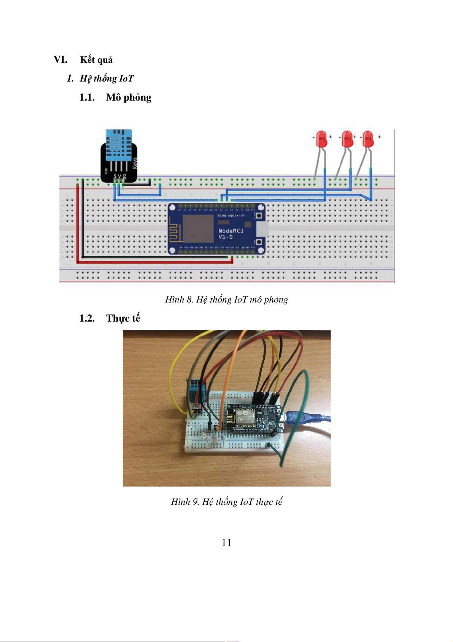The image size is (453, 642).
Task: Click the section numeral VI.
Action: point(60,60)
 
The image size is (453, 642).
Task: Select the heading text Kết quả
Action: point(96,60)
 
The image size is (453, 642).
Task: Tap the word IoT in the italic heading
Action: point(126,78)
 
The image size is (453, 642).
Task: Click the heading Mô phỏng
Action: point(129,98)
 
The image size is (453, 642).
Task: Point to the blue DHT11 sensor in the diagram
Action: point(119,145)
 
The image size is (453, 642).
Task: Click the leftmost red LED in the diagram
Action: point(321,139)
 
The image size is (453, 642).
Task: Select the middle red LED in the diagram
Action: point(347,139)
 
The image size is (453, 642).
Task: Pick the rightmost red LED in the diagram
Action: point(368,139)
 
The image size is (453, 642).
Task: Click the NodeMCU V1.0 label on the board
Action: point(230,234)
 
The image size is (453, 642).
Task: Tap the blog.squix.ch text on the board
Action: point(231,215)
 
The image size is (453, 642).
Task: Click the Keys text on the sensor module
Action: point(135,163)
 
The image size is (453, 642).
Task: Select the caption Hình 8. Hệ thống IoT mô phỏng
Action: point(226,299)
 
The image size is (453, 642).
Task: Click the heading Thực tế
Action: point(123,318)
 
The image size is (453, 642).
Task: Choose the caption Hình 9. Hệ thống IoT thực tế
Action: point(226,502)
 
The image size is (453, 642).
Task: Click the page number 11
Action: point(226,543)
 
